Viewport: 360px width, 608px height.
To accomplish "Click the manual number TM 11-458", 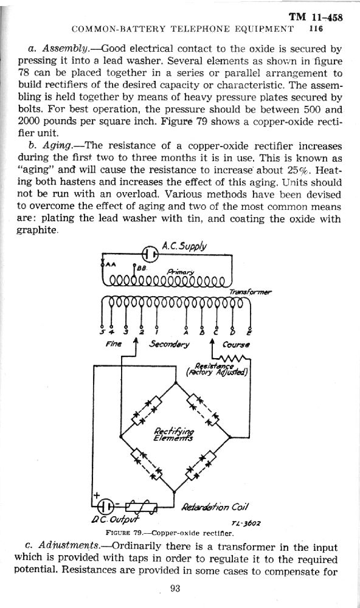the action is point(316,17).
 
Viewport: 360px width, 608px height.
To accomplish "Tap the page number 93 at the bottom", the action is point(175,589).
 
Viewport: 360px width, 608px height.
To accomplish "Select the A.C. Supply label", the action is point(184,247).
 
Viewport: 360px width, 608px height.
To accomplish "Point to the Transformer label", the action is point(250,292).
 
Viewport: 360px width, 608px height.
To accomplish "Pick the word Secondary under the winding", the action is point(170,344).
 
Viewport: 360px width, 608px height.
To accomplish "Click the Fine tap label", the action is point(113,344).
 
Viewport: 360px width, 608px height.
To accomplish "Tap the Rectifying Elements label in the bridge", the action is point(174,435).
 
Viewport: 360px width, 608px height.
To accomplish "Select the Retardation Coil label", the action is point(215,507).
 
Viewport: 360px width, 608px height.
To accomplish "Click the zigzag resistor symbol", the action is point(233,358).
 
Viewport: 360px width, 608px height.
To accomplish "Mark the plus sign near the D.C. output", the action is point(97,495).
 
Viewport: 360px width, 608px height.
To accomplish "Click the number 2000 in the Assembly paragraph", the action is point(29,122).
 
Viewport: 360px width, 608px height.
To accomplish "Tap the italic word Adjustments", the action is point(69,547).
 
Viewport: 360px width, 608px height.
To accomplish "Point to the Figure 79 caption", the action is point(170,533).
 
